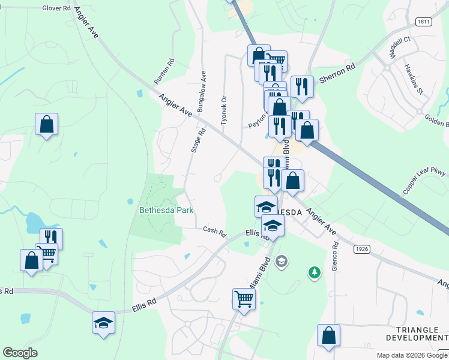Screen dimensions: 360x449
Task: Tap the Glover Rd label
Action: (57, 8)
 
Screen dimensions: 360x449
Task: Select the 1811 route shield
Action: (423, 21)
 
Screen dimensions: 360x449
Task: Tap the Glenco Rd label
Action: (335, 257)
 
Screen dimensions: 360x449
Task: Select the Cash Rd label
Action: (214, 230)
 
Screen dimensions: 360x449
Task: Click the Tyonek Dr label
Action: (224, 110)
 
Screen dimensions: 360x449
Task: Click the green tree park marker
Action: (313, 273)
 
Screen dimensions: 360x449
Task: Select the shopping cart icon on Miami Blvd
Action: (244, 298)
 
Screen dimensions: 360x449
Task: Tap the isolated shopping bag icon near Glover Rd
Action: (46, 124)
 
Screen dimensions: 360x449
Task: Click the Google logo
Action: (20, 353)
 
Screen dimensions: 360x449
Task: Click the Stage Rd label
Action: (194, 139)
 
